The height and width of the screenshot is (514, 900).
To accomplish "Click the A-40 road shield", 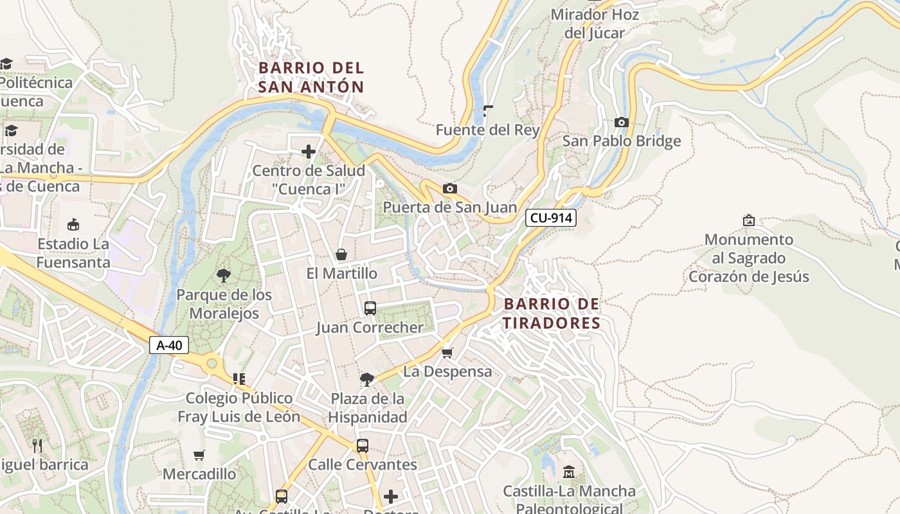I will [169, 345].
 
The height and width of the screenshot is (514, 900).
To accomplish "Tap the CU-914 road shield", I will [551, 218].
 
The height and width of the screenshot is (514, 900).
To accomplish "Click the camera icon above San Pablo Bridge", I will [621, 122].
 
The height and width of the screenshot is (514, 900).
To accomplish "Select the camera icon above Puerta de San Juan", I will [450, 188].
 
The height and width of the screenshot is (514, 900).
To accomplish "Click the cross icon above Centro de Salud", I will [309, 152].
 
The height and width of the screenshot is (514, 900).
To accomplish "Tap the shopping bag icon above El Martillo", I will [341, 254].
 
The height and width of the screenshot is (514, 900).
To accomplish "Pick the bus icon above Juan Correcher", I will [370, 308].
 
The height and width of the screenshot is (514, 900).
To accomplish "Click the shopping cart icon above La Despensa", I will [447, 353].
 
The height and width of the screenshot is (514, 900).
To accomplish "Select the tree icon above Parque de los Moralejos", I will [224, 276].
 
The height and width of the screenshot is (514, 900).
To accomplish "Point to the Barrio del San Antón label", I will [311, 77].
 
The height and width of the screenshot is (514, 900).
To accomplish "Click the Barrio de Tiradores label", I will [552, 313].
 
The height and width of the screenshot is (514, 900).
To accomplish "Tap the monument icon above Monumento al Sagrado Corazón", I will [749, 220].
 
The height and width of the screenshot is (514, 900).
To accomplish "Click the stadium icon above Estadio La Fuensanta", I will [73, 224].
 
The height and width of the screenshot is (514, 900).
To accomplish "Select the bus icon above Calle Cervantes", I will [363, 445].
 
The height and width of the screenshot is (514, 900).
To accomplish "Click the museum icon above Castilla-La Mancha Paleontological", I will [569, 472].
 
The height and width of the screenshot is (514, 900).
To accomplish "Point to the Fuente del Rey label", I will [488, 130].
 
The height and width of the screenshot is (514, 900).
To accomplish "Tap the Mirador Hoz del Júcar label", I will [595, 23].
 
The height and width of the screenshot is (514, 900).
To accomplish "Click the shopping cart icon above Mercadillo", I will [199, 455].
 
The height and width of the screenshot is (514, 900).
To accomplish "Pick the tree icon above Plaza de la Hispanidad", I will [367, 379].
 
